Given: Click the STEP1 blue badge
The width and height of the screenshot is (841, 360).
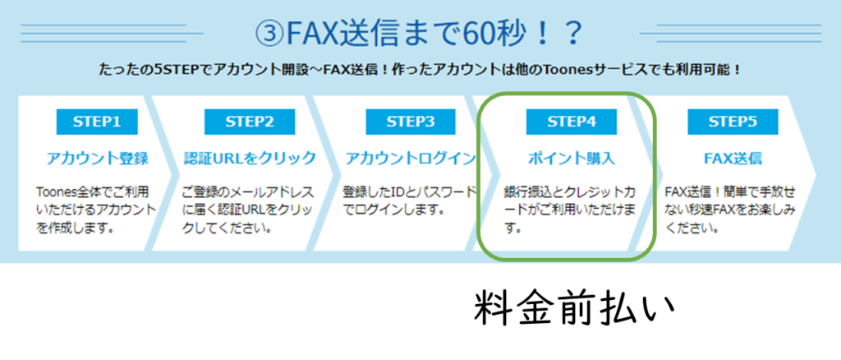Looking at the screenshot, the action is [x=97, y=122].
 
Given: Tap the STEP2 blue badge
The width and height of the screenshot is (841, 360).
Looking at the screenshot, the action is [x=250, y=122].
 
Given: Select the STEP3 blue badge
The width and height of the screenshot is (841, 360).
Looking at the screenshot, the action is [x=411, y=122].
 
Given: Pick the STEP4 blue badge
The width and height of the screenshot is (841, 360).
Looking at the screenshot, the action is [x=572, y=122].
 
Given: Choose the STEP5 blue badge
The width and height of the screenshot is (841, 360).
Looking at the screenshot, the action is [x=733, y=122].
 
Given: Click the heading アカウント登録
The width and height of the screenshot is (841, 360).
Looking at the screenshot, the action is [x=97, y=159].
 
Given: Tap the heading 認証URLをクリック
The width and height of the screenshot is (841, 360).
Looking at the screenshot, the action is [x=250, y=159].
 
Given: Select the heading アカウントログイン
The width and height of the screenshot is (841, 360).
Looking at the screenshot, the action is [x=411, y=159].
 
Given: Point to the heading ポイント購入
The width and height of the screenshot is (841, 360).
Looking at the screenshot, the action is [x=572, y=159].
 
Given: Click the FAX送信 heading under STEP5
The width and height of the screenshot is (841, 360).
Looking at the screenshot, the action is [x=733, y=159].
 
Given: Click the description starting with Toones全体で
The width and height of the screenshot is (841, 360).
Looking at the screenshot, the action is [x=94, y=210].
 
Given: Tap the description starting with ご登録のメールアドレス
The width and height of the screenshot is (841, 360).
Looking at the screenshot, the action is [x=248, y=210].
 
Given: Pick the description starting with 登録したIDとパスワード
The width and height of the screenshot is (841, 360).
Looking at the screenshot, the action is [x=409, y=201].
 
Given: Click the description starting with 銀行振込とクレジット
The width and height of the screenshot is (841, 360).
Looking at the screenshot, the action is [x=571, y=210].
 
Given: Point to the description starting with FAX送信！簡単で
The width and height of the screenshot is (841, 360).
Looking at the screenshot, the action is [x=730, y=210].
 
